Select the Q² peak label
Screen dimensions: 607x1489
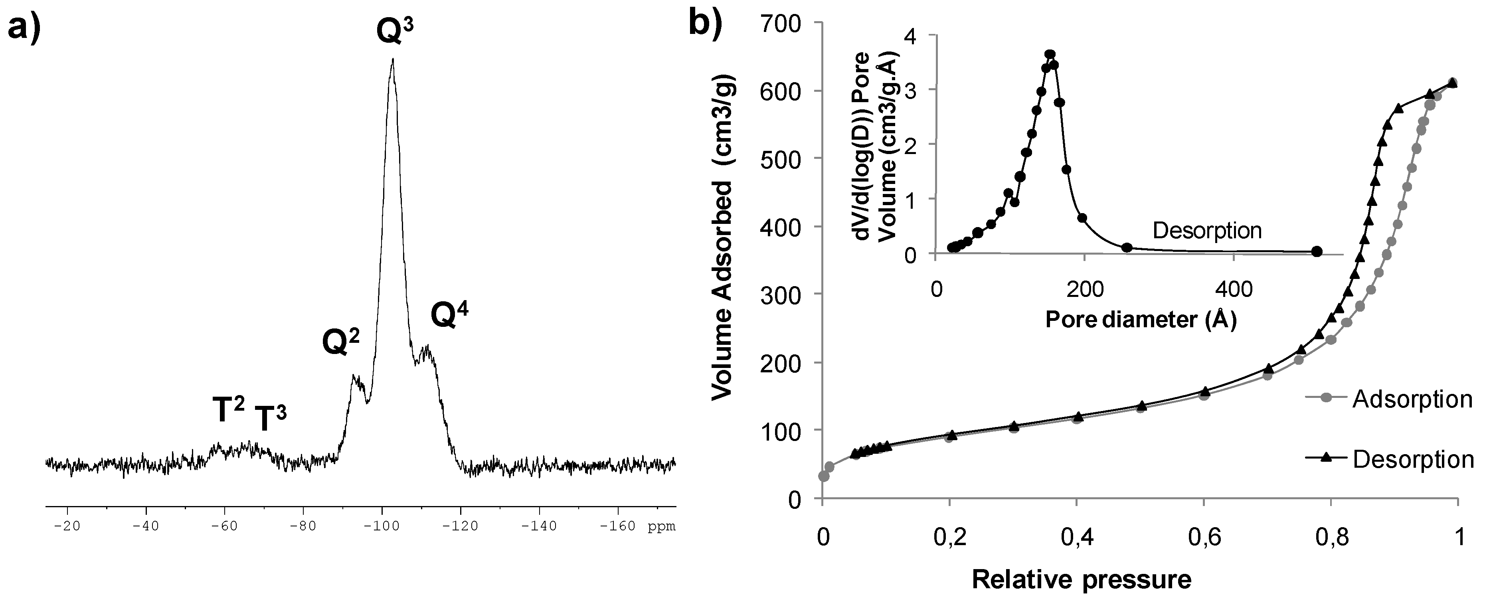340,342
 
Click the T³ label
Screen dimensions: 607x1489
271,419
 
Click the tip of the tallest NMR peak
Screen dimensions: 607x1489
393,59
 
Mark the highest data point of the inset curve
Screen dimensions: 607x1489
1050,55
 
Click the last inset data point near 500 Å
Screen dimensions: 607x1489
1317,251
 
